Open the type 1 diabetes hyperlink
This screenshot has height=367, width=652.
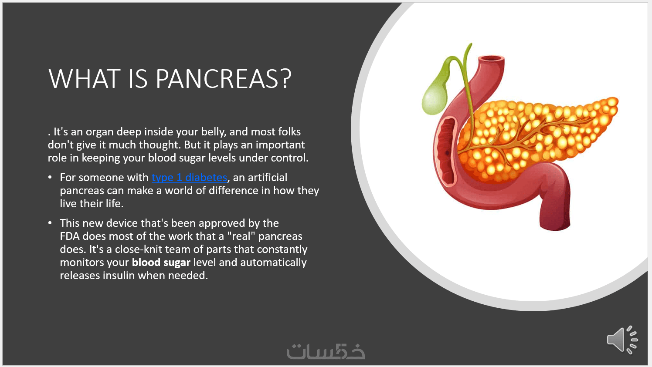tap(189, 177)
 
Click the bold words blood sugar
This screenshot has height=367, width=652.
tap(161, 263)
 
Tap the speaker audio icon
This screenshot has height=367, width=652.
tap(622, 340)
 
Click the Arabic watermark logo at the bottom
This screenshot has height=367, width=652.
tap(326, 351)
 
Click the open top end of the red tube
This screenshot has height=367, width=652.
tap(491, 59)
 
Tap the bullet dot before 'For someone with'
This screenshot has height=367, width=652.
tap(50, 177)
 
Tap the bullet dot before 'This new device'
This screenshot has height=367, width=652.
tap(50, 223)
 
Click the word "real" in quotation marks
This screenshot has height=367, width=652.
tap(241, 236)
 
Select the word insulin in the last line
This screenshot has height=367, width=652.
tap(119, 276)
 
